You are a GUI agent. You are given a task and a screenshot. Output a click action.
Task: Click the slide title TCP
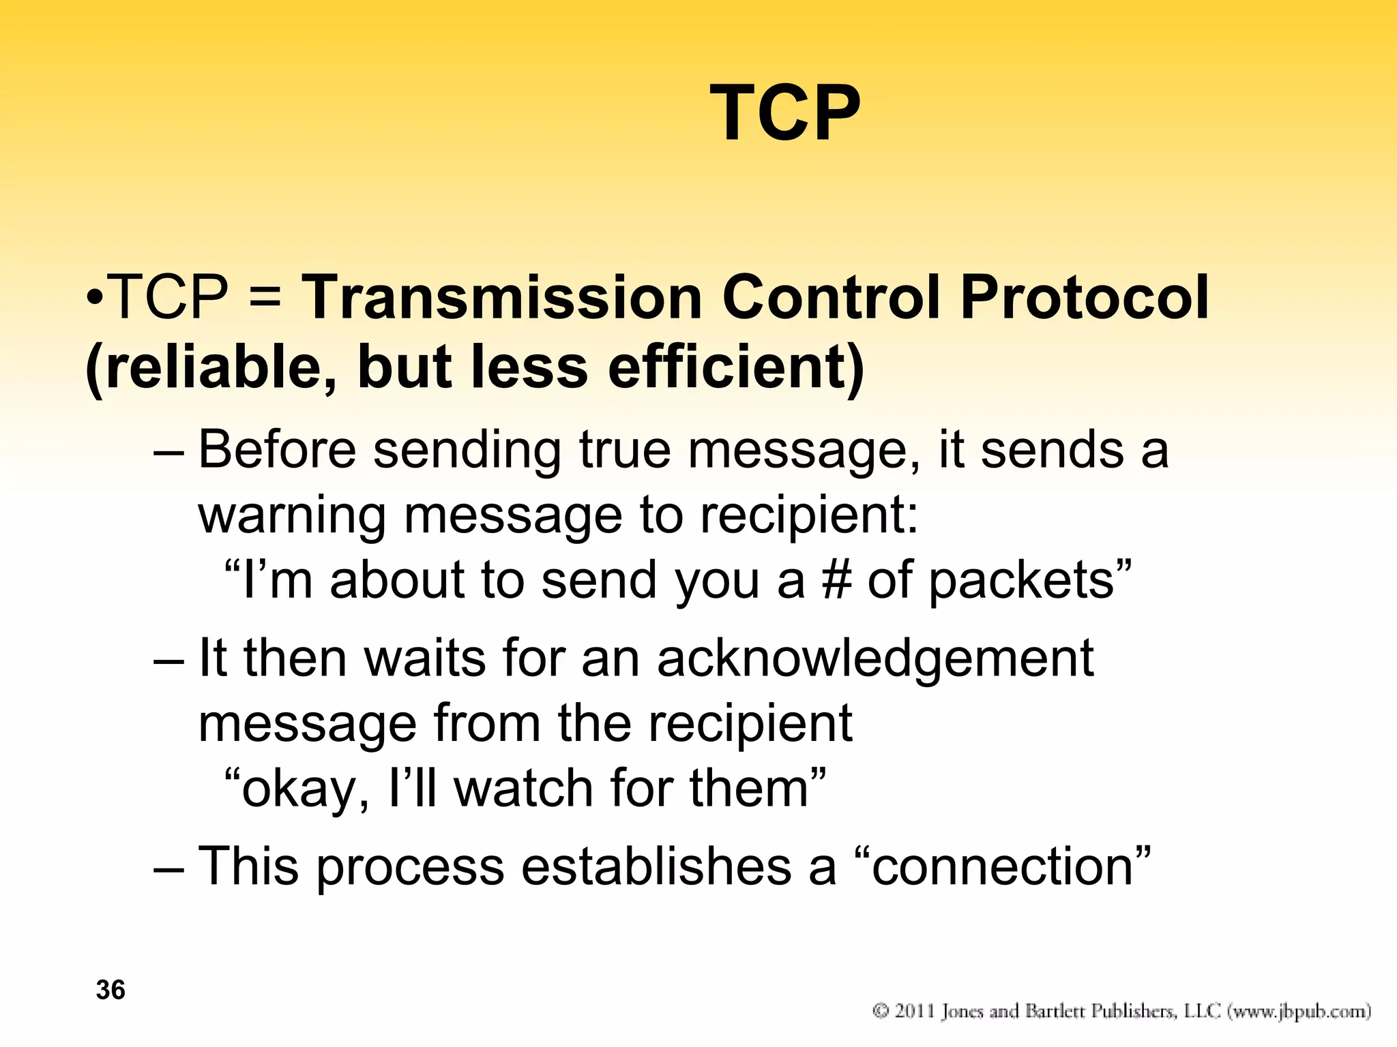(x=785, y=113)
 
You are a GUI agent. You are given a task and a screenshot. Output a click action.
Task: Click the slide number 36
(x=111, y=990)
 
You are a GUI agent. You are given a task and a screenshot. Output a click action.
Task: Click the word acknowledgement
(x=875, y=660)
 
